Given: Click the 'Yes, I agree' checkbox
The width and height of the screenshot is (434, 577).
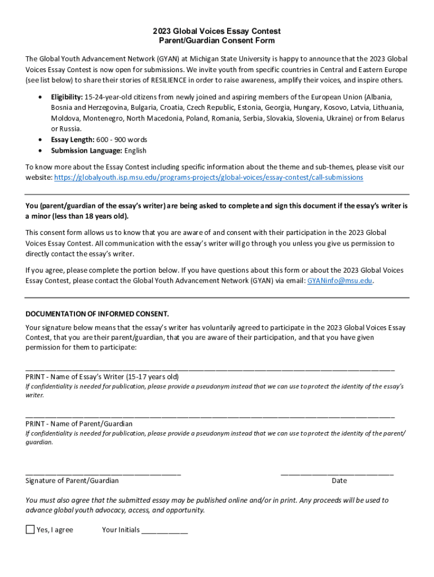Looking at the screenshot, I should coord(30,530).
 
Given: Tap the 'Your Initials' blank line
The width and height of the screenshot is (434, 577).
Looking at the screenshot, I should coord(165,531).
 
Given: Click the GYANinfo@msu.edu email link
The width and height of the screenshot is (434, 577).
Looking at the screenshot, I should coord(339,281).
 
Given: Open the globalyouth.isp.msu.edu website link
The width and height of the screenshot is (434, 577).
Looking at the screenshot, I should coord(209,177).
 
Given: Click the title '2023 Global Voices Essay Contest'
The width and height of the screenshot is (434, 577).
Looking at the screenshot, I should coord(217,31).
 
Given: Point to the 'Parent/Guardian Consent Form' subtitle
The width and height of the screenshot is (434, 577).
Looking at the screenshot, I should coord(217,41).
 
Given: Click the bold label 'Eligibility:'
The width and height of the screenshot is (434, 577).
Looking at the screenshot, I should coord(67,97).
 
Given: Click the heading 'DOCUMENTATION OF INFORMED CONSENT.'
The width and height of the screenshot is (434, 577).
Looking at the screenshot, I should coord(97,314).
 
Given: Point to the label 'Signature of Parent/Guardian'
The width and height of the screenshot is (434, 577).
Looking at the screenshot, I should coord(72,481).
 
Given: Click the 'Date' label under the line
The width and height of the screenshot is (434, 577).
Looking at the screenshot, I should coord(339,481).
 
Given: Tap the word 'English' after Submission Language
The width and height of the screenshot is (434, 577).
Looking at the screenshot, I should coord(136,150).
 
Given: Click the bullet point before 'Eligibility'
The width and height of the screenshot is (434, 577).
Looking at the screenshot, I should coord(39,97).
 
